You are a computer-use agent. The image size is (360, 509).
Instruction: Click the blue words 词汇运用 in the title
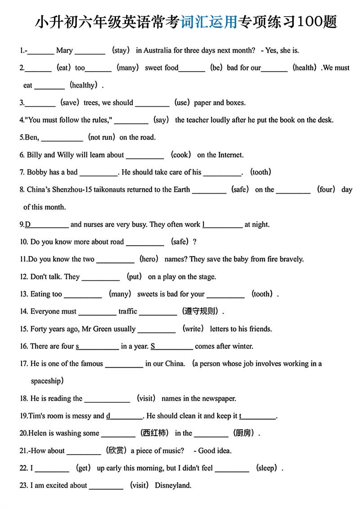pos(209,21)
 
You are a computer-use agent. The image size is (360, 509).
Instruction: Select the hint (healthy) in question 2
pos(84,85)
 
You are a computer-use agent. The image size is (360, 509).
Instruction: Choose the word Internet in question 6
pos(231,155)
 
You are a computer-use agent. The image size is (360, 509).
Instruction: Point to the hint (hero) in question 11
pos(149,259)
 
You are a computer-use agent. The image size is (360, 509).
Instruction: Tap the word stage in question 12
pos(207,277)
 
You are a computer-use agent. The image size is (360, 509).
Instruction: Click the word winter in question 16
pos(242,346)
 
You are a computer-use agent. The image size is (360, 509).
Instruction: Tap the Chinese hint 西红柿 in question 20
pos(154,433)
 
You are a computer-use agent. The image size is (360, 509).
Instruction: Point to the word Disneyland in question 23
pos(173,485)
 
